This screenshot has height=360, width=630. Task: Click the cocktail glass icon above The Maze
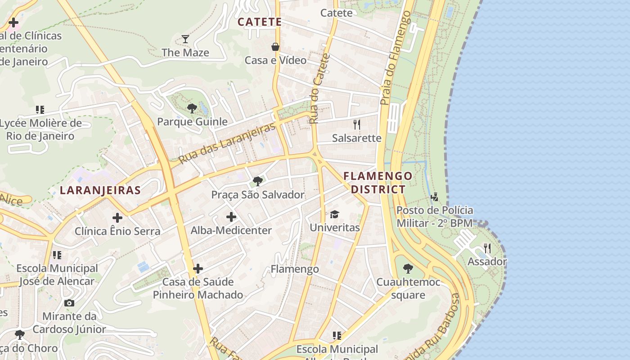(x=185, y=39)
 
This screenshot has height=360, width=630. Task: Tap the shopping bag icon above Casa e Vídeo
(x=275, y=47)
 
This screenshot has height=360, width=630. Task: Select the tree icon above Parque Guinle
(x=192, y=108)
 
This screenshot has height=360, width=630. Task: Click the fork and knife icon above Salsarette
(x=357, y=124)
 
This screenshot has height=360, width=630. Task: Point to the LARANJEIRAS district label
(x=100, y=190)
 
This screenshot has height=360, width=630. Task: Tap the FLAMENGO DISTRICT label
(x=378, y=182)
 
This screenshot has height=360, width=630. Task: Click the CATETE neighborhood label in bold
(x=260, y=22)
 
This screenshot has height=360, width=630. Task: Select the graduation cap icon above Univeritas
(x=334, y=214)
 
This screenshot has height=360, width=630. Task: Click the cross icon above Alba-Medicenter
(x=231, y=217)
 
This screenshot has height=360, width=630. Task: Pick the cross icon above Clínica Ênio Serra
(x=117, y=218)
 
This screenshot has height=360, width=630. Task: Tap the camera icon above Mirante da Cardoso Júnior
(x=69, y=303)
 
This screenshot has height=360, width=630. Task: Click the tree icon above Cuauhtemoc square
(x=408, y=269)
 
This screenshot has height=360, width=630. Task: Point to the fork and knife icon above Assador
(x=487, y=248)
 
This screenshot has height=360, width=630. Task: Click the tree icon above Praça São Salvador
(x=258, y=181)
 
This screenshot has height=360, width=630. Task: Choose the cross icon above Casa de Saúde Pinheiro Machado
(x=198, y=269)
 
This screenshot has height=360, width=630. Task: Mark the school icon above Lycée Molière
(x=40, y=109)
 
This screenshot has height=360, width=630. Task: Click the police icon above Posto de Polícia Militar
(x=435, y=197)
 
